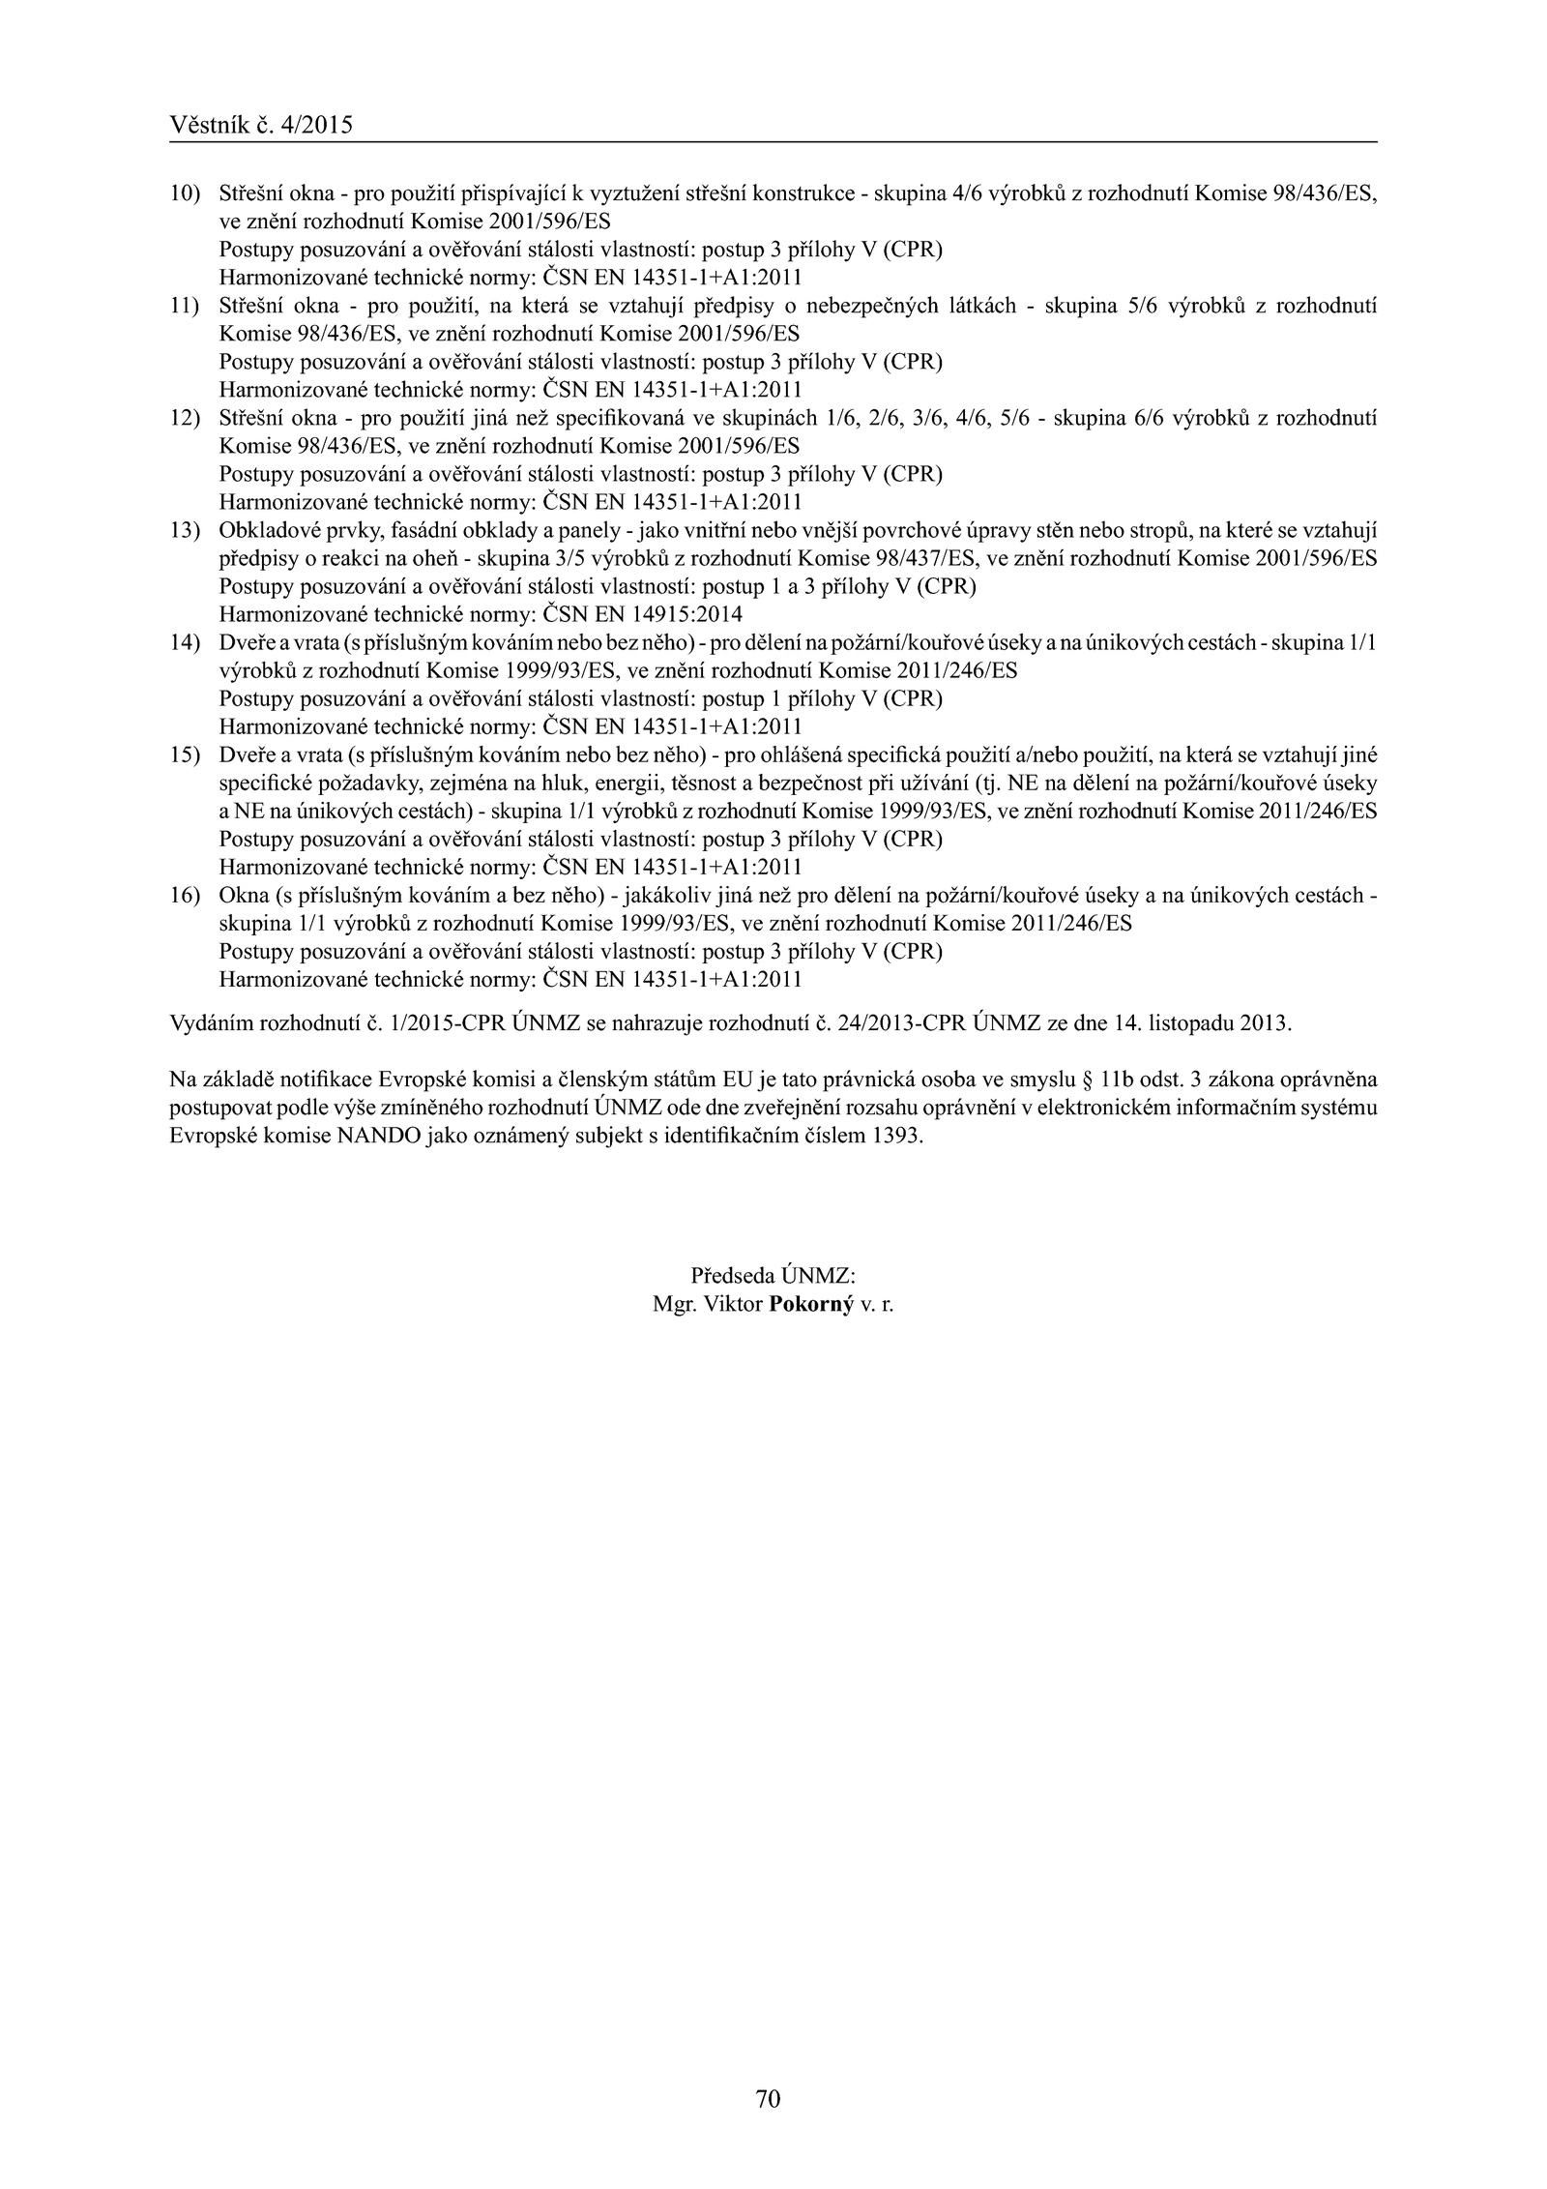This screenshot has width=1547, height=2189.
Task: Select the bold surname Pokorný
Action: pos(811,1304)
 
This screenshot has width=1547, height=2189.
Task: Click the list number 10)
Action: pos(184,193)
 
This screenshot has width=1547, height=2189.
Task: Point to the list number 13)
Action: pos(184,530)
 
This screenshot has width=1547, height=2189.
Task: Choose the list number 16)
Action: pos(184,895)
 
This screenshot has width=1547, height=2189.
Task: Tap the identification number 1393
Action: pos(897,1136)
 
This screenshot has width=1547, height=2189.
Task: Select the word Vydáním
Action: pos(207,1023)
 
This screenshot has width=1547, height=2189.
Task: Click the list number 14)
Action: pos(184,642)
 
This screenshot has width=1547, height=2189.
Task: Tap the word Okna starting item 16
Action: pos(244,895)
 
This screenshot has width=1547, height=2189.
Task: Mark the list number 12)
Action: pos(184,418)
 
